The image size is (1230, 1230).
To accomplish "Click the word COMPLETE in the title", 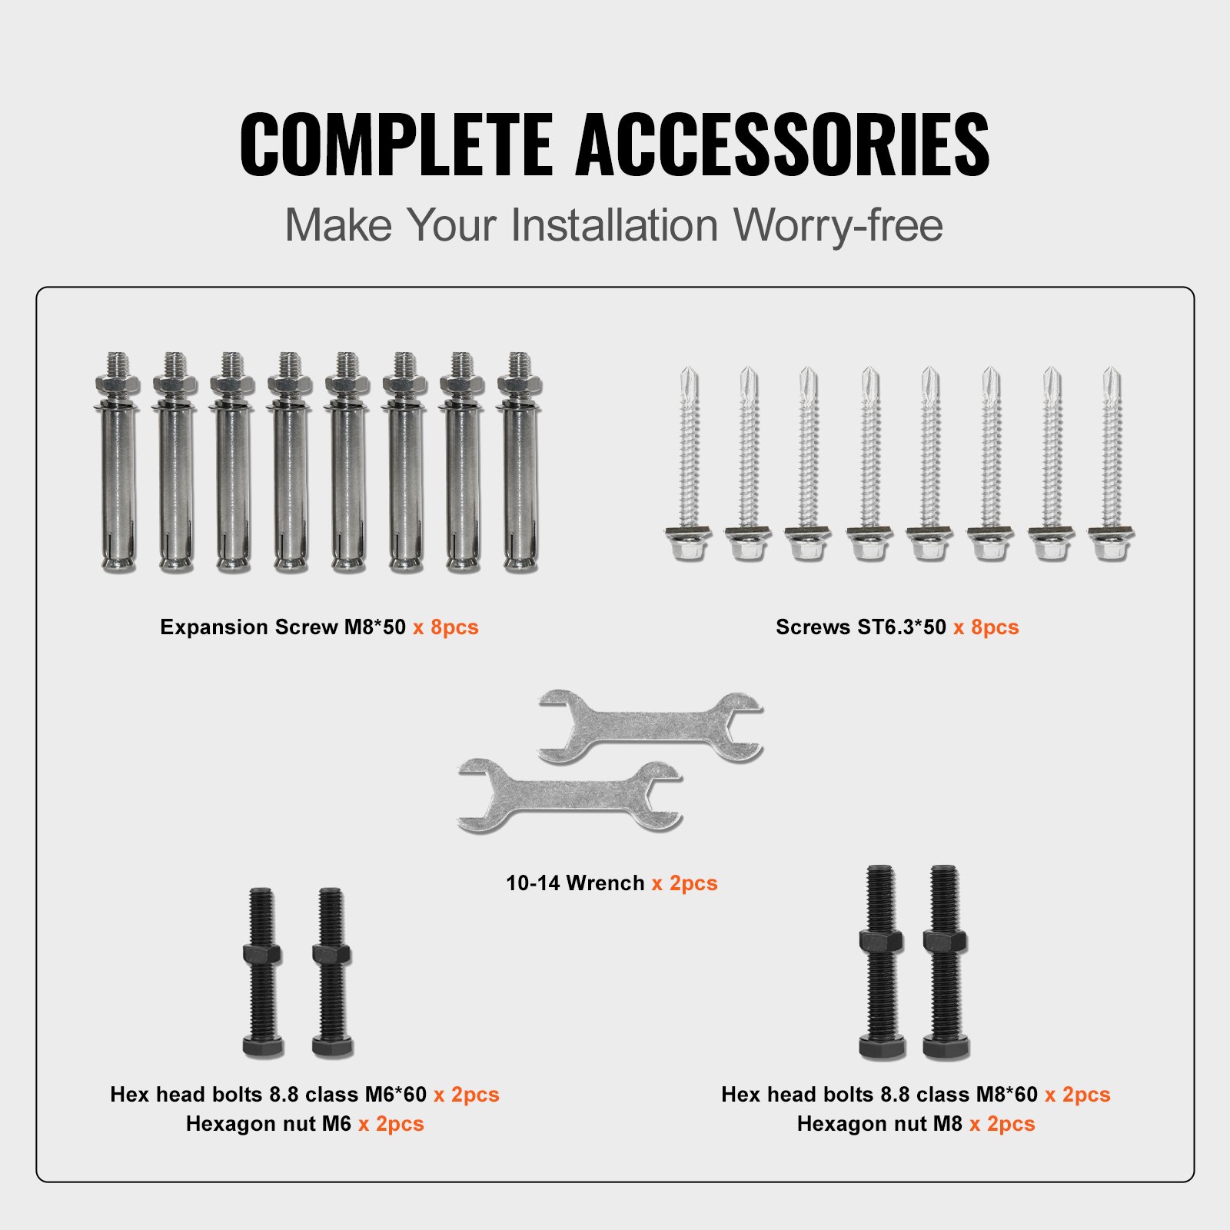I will click(396, 145).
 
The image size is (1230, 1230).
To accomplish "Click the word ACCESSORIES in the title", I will click(782, 145).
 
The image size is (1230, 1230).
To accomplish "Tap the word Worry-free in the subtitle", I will click(837, 225).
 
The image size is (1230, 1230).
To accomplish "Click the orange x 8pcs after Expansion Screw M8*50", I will click(445, 627).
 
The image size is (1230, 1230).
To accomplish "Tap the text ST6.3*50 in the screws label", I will click(902, 627).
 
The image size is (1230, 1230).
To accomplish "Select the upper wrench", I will click(650, 726).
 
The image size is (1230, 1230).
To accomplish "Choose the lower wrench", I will click(569, 796).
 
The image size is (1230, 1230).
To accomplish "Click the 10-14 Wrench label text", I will click(574, 883).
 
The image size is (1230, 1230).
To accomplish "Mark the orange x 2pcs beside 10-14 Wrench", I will click(684, 883).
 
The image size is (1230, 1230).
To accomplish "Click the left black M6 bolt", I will click(262, 976).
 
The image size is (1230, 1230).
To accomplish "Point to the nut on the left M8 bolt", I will click(881, 941).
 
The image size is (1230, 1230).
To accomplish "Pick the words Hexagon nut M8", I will click(879, 1124).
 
